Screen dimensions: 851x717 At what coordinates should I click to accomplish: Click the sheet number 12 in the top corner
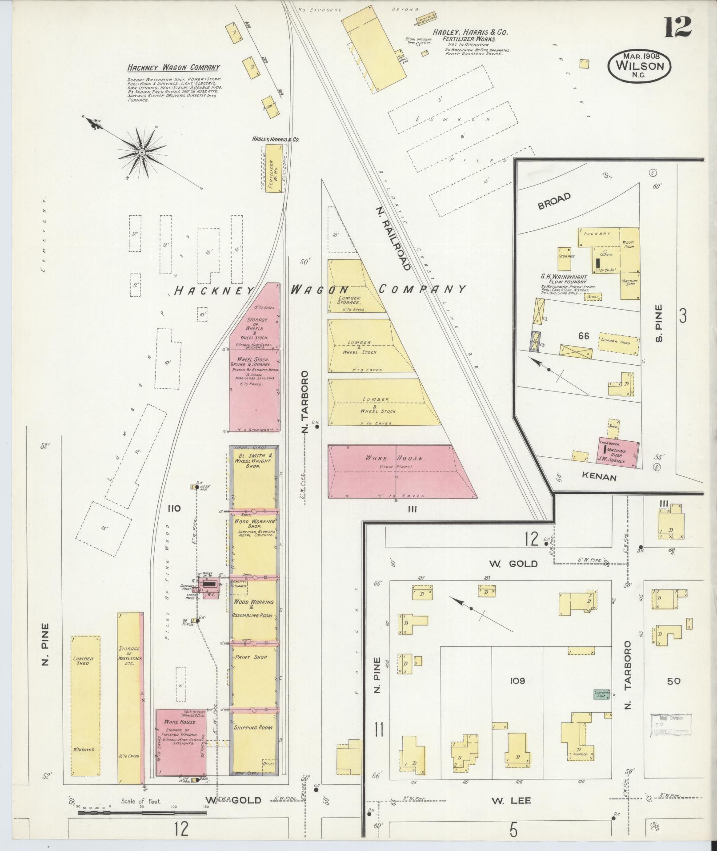point(678,28)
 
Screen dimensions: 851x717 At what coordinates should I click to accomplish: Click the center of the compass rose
point(142,153)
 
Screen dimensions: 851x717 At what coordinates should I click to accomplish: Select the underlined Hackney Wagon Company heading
point(173,68)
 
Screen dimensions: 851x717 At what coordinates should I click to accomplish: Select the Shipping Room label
point(253,727)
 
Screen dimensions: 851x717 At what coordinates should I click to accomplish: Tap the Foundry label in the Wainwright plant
point(597,234)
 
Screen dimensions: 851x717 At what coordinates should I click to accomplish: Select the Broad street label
point(554,202)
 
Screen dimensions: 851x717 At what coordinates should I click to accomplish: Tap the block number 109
point(518,681)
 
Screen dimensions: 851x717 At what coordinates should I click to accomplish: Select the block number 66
point(584,336)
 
